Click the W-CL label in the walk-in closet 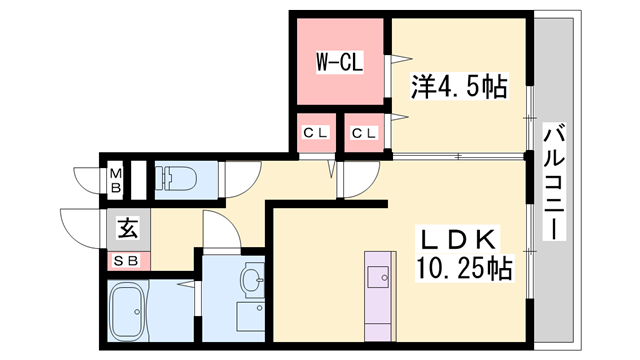click(339, 62)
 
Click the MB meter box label click(115, 181)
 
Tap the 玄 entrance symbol click(129, 228)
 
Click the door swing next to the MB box click(86, 181)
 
